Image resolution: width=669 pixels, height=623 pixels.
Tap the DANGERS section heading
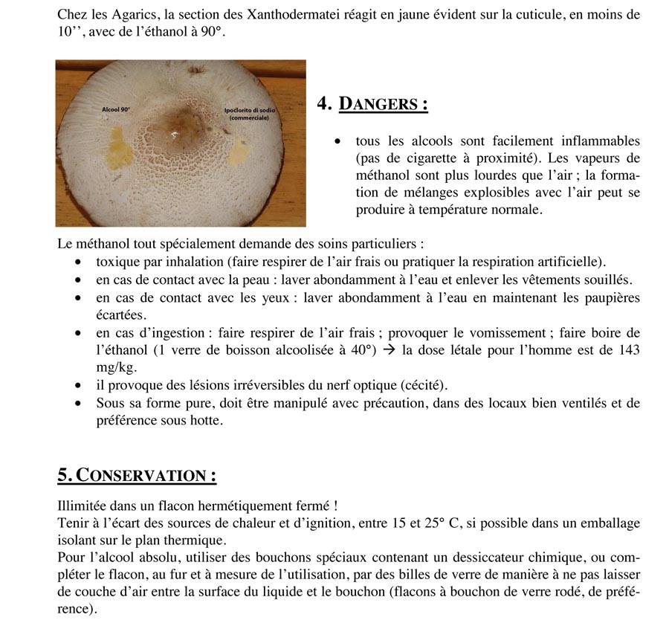coord(383,103)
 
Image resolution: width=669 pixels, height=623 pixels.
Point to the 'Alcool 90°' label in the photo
coord(115,110)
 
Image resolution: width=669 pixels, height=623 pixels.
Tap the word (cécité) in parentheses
coord(424,385)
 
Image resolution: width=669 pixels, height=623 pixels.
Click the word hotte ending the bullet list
coord(207,420)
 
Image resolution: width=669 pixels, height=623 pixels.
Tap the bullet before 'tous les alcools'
coord(338,141)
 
